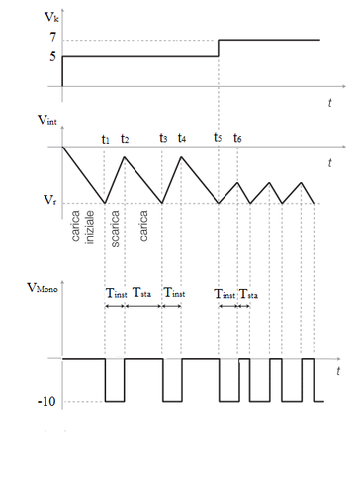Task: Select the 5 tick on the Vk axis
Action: tap(50, 56)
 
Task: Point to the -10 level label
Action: tap(46, 402)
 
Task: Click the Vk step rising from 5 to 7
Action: tap(218, 49)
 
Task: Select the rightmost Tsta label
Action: tap(249, 294)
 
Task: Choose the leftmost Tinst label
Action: tap(115, 294)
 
